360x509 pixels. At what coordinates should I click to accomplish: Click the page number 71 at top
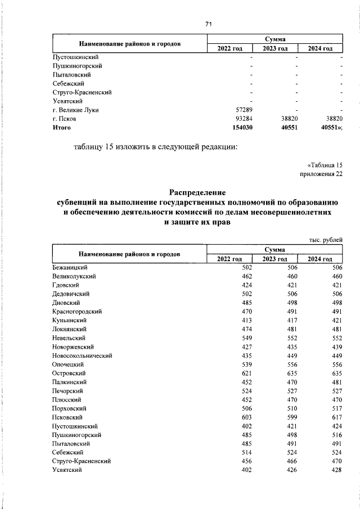209,24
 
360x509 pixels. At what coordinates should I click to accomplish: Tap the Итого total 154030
242,128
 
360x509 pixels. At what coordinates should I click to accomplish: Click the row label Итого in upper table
62,128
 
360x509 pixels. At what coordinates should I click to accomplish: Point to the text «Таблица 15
325,165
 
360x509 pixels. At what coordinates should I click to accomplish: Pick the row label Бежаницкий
70,267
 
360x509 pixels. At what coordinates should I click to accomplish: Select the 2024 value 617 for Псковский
336,417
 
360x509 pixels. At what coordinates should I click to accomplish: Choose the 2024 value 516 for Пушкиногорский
336,435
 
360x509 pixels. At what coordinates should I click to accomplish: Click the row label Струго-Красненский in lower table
82,461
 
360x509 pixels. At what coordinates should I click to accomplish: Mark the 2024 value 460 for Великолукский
336,276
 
